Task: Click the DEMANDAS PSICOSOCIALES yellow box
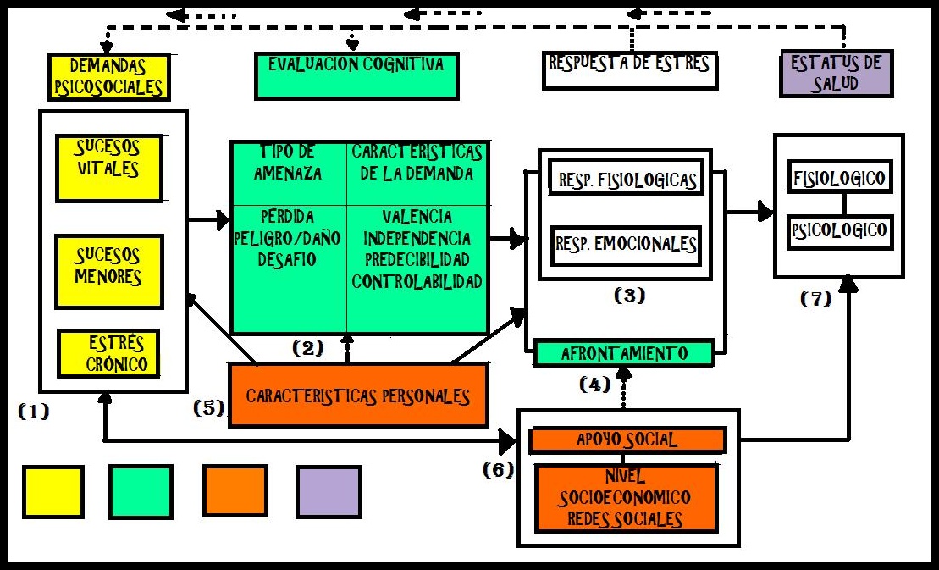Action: coord(107,77)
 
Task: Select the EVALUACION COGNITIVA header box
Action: coord(356,75)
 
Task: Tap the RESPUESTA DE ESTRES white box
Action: coord(630,70)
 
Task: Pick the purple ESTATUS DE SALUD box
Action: coord(836,74)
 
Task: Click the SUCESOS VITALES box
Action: coord(109,167)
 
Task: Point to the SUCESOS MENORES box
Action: coord(109,271)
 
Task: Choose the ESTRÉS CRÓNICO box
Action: coord(109,354)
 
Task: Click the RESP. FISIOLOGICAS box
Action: coord(627,180)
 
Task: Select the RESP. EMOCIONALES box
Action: coord(627,244)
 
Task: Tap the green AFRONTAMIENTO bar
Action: coord(624,353)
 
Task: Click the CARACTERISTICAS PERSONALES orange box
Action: coord(358,396)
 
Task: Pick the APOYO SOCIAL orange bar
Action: coord(627,440)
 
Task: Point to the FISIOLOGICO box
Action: coord(840,179)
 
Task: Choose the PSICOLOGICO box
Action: coord(840,230)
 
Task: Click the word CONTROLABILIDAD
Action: coord(417,281)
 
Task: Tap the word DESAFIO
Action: coord(287,260)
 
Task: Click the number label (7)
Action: coord(816,299)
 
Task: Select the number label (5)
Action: coord(208,407)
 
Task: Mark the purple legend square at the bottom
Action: coord(329,491)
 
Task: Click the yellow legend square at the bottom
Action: coord(53,491)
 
